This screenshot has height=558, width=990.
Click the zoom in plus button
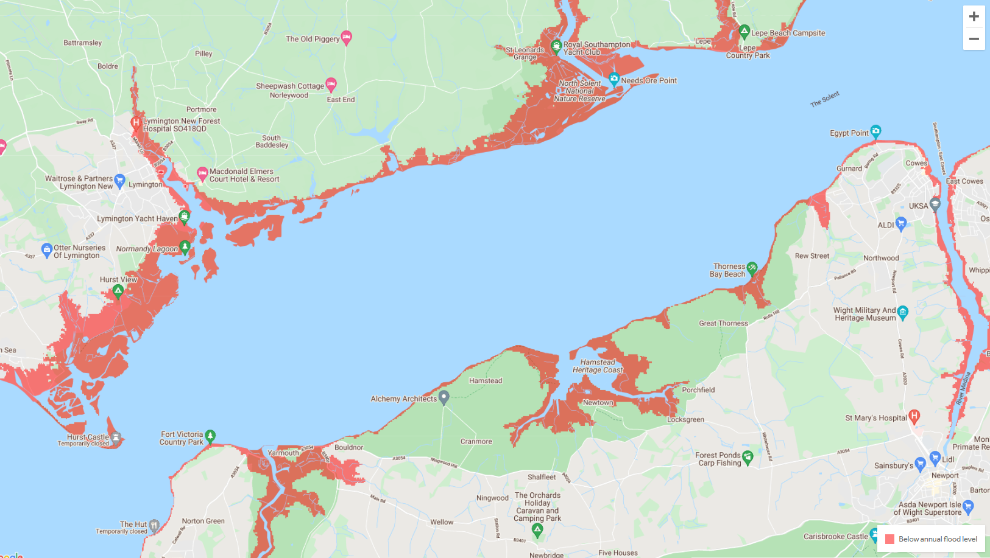[x=974, y=16]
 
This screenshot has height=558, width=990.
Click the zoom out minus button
[x=974, y=39]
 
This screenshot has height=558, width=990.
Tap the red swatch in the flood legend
[x=889, y=539]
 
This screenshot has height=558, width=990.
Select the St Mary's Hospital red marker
[x=914, y=416]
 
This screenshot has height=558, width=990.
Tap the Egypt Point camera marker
[x=875, y=131]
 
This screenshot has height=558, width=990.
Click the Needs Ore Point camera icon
[x=614, y=79]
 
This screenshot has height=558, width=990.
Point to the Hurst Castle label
[x=88, y=437]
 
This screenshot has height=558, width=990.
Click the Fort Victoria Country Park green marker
[x=210, y=436]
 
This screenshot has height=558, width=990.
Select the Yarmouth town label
[x=283, y=453]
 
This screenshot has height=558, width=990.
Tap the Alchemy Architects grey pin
[x=444, y=397]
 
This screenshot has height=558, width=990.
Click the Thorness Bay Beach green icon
[x=752, y=268]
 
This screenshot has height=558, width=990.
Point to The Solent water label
[x=825, y=99]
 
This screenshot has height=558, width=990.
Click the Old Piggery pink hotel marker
[x=346, y=37]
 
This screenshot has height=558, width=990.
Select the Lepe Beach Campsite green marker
[x=744, y=31]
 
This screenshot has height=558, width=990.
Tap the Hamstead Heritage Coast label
[x=598, y=366]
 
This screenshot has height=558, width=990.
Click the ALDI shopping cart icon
[x=901, y=223]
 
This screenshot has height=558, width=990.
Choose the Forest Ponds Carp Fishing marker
[x=748, y=456]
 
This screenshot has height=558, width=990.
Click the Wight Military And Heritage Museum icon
[x=903, y=312]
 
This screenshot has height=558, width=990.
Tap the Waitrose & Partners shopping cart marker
[x=119, y=180]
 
